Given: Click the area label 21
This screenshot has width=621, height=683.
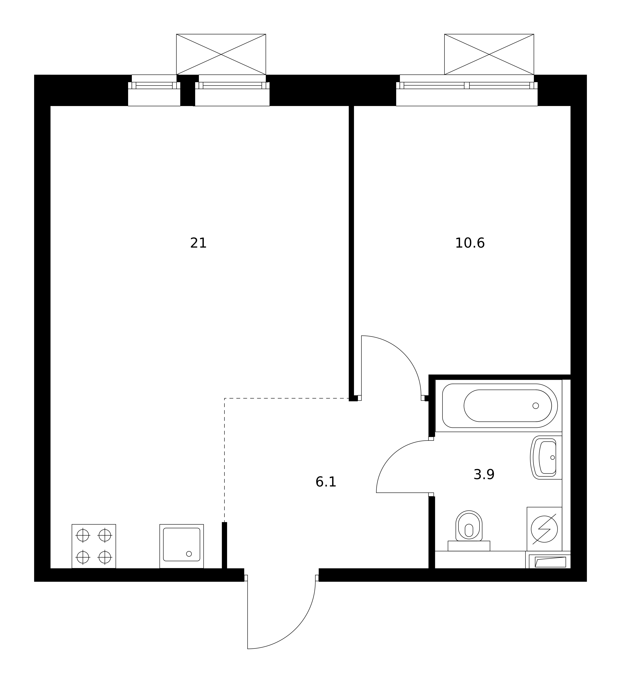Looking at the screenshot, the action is (198, 243).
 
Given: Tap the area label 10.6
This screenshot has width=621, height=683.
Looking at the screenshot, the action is (470, 243).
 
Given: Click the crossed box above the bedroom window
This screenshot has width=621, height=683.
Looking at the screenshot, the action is (489, 54).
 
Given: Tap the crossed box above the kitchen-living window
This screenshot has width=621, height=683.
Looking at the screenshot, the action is (221, 54).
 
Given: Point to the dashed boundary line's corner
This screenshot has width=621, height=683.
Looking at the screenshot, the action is (224, 398).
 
